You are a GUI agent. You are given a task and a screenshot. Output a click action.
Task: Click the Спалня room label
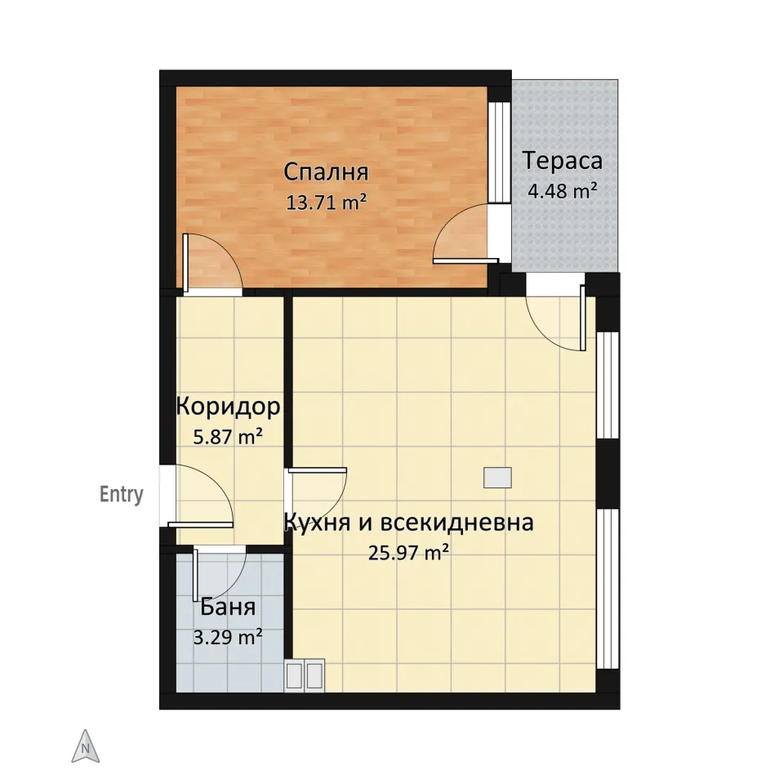326,172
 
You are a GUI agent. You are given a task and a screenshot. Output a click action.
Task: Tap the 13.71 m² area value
327,203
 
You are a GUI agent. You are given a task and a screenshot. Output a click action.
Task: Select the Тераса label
563,161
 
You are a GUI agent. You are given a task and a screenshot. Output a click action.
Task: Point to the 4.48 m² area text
563,190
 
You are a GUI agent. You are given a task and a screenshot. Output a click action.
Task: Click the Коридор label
228,407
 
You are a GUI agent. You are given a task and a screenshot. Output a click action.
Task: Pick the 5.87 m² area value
228,437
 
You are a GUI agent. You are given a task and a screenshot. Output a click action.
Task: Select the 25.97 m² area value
409,553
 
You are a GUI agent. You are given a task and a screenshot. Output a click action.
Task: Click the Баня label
228,607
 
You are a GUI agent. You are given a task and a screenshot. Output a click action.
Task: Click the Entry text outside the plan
121,494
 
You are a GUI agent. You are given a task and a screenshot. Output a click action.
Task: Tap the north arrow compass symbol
86,746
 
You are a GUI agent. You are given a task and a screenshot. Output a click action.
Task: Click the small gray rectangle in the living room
497,478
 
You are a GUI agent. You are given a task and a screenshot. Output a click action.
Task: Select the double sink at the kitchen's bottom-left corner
305,675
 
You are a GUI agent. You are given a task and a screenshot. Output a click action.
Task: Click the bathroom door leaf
196,576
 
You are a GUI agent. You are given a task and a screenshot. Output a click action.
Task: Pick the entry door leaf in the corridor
201,524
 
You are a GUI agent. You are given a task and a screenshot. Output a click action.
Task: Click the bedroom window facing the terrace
499,152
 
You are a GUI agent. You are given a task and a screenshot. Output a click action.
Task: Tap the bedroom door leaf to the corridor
185,262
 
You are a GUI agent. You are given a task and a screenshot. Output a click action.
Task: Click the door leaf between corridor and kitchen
318,470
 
